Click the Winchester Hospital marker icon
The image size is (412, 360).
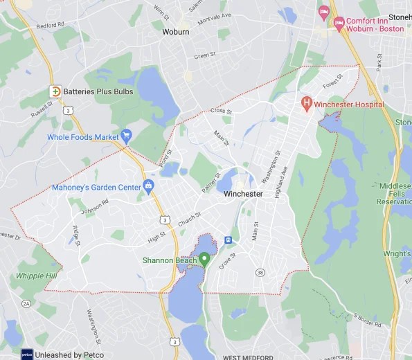pyautogui.click(x=307, y=104)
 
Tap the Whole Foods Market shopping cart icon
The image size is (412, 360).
pyautogui.click(x=126, y=136)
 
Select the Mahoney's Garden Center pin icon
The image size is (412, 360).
pyautogui.click(x=147, y=186)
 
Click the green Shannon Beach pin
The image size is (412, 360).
pyautogui.click(x=204, y=260)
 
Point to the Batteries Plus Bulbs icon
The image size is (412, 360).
pyautogui.click(x=55, y=91)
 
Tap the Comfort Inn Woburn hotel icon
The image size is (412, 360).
pyautogui.click(x=339, y=24)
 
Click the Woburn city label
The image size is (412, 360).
pyautogui.click(x=175, y=32)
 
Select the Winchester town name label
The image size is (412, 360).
pyautogui.click(x=243, y=194)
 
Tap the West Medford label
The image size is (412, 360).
pyautogui.click(x=243, y=357)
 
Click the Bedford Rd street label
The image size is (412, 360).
pyautogui.click(x=51, y=25)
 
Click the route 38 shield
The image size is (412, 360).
pyautogui.click(x=259, y=272)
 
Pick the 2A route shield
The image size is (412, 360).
pyautogui.click(x=26, y=303)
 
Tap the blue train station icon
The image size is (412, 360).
pyautogui.click(x=228, y=240)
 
